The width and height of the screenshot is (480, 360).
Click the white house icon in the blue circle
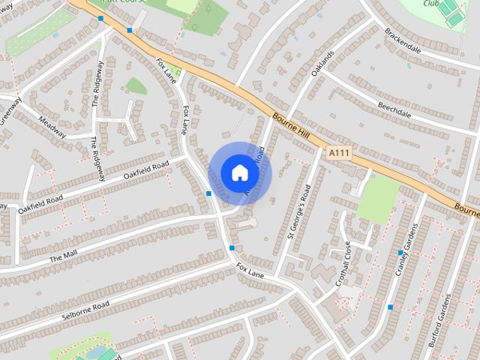click(239, 172)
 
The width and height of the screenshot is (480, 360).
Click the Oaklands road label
click(322, 64)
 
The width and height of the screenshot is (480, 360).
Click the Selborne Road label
click(86, 309)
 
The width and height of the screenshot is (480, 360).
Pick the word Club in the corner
click(430, 4)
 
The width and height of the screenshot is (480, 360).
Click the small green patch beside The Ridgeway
click(135, 85)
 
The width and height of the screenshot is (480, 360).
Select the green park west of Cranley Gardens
click(379, 198)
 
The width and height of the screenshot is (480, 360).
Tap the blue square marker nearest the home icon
click(208, 193)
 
